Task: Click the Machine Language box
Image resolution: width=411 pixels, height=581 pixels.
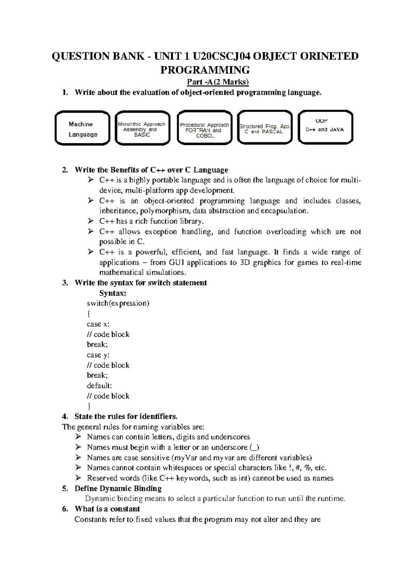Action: (82, 128)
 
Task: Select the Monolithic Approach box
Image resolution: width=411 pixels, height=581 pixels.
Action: (142, 128)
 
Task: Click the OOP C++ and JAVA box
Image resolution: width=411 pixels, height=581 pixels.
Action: (325, 127)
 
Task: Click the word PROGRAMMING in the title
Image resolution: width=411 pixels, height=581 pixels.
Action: (205, 70)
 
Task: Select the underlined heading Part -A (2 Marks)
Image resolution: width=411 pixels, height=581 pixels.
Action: (217, 82)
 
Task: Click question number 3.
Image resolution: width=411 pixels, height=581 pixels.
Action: (65, 283)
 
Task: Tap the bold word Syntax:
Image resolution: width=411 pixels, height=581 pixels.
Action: (113, 293)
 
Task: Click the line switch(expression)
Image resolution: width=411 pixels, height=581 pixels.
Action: (118, 304)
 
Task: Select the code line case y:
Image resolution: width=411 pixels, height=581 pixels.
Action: (98, 355)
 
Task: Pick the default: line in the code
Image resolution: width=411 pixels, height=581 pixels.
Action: (99, 386)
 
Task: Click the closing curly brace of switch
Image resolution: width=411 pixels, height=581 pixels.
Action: (89, 407)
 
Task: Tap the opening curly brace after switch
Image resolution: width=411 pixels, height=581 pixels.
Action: (89, 314)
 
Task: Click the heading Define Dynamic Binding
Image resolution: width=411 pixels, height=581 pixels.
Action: (118, 489)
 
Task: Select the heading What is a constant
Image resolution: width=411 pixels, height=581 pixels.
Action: (107, 509)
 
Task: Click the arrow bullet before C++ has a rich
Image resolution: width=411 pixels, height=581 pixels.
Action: (90, 221)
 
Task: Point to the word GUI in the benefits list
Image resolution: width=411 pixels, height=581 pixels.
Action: (176, 263)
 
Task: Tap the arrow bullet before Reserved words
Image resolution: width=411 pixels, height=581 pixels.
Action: (78, 478)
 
